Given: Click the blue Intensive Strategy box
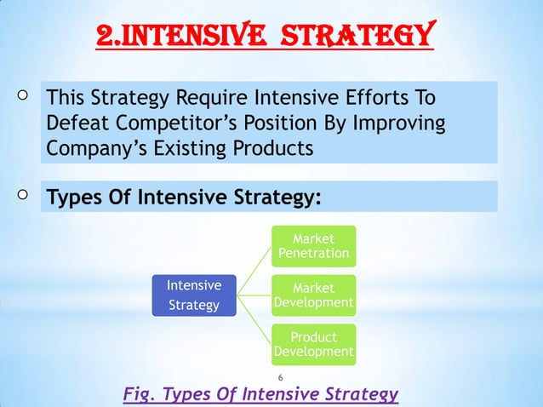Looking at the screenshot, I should tap(193, 295).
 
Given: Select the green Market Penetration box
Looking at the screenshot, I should tap(313, 245).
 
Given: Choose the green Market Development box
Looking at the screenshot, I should tap(313, 295).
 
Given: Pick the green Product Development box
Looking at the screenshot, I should tap(313, 344).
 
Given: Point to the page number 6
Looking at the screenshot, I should tap(281, 378).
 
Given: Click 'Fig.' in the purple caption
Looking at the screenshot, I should tap(140, 395).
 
